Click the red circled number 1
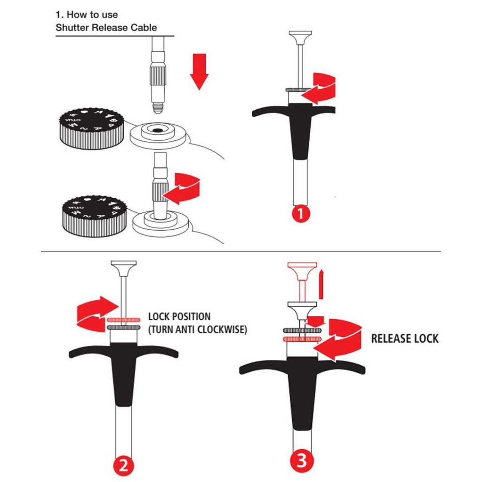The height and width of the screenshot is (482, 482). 300,214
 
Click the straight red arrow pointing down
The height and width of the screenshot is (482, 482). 199,72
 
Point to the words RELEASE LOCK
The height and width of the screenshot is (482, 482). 404,338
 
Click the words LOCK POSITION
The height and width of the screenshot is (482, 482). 179,316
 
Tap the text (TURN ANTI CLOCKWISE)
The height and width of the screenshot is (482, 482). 197,329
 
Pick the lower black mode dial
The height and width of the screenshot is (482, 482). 94,216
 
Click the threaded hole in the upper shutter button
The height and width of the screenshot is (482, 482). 158,130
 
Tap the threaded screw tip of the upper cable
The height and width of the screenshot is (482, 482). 158,108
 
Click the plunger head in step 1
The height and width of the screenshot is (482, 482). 300,38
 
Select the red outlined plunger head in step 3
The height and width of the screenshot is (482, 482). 302,271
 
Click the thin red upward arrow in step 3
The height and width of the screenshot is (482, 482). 321,284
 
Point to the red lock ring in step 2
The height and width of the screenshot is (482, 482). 124,320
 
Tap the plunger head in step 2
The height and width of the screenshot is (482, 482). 124,268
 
